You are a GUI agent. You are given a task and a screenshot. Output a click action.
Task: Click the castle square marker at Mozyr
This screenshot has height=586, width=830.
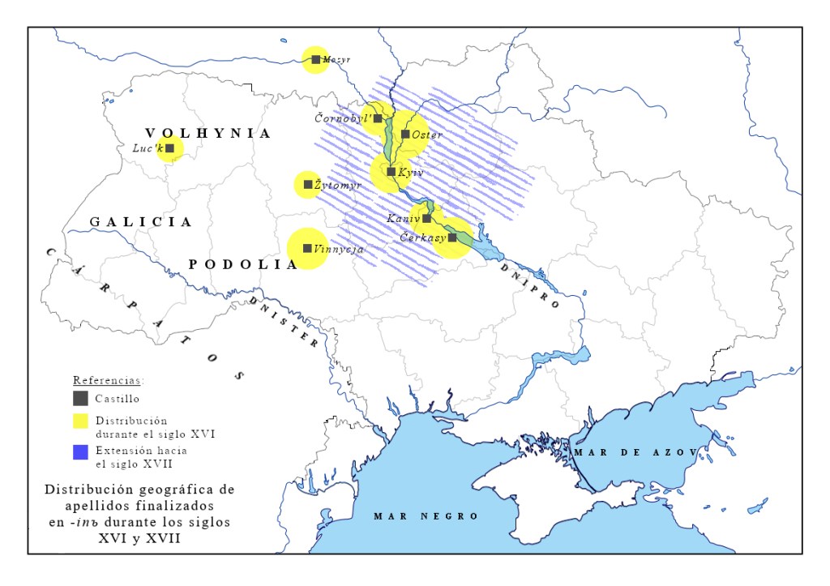point(315,59)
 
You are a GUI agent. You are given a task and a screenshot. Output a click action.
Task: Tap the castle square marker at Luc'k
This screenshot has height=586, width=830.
point(170,148)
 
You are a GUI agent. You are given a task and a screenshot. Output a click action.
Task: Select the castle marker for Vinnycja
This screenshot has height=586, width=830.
point(307,249)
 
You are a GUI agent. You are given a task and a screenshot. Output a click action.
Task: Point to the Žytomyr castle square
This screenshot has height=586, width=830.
point(308,185)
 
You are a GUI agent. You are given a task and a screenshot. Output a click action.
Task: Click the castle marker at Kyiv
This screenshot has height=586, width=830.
point(391,172)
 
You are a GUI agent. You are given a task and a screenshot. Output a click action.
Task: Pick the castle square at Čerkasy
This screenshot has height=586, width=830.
point(452,238)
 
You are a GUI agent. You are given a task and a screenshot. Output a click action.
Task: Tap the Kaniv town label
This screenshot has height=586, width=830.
point(402,219)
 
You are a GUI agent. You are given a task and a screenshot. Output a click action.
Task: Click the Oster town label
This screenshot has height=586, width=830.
point(427,135)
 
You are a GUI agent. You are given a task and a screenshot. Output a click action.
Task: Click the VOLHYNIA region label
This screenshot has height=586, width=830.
point(207,134)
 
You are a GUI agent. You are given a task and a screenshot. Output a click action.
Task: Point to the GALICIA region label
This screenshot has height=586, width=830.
point(141,221)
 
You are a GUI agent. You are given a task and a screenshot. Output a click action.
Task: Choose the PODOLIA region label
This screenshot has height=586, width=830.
point(242,264)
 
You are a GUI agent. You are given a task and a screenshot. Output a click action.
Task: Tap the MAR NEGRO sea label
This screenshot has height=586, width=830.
point(426,516)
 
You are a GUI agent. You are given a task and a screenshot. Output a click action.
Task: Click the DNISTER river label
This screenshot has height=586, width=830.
point(283,322)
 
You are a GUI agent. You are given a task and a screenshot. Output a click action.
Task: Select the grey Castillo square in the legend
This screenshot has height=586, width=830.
point(80,398)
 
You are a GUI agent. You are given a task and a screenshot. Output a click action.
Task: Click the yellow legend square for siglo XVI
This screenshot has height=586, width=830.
point(80,421)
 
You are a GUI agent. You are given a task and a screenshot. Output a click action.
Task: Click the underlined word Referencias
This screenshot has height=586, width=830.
point(108,379)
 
